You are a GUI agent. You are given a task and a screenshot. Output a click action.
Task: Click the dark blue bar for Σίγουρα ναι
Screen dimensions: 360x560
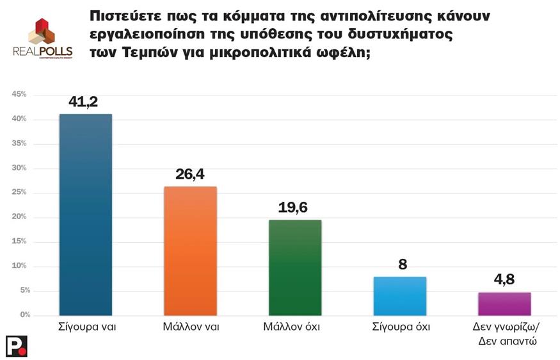pyautogui.click(x=85, y=215)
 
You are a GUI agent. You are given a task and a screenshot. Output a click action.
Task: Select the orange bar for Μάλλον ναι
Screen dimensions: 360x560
pyautogui.click(x=190, y=251)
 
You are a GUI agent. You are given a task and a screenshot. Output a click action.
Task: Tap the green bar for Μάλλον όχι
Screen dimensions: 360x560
pyautogui.click(x=295, y=268)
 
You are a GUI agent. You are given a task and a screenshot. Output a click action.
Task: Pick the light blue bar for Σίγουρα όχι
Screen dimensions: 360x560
pyautogui.click(x=400, y=296)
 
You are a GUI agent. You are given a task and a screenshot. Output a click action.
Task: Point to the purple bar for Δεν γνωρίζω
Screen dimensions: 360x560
pyautogui.click(x=505, y=304)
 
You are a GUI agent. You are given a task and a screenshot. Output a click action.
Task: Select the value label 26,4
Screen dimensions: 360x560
pyautogui.click(x=190, y=174)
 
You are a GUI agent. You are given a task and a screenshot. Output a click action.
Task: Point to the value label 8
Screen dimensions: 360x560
pyautogui.click(x=401, y=264)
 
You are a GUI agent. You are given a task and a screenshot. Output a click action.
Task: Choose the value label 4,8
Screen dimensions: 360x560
pyautogui.click(x=505, y=279)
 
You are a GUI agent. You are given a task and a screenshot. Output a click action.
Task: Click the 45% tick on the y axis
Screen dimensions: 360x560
pyautogui.click(x=19, y=95)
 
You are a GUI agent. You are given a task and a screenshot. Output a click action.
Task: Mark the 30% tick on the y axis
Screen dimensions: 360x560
pyautogui.click(x=19, y=168)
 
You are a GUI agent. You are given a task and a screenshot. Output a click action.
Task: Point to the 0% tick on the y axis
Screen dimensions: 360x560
pyautogui.click(x=21, y=315)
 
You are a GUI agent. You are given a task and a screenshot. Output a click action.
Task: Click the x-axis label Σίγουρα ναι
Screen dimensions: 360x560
pyautogui.click(x=85, y=327)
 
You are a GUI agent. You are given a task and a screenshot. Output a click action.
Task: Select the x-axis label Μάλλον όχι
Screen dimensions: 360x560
pyautogui.click(x=295, y=327)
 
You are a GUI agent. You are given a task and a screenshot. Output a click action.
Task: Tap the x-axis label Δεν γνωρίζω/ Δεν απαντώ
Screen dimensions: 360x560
pyautogui.click(x=505, y=334)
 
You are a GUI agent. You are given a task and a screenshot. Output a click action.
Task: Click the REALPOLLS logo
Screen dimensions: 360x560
pyautogui.click(x=42, y=39)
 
